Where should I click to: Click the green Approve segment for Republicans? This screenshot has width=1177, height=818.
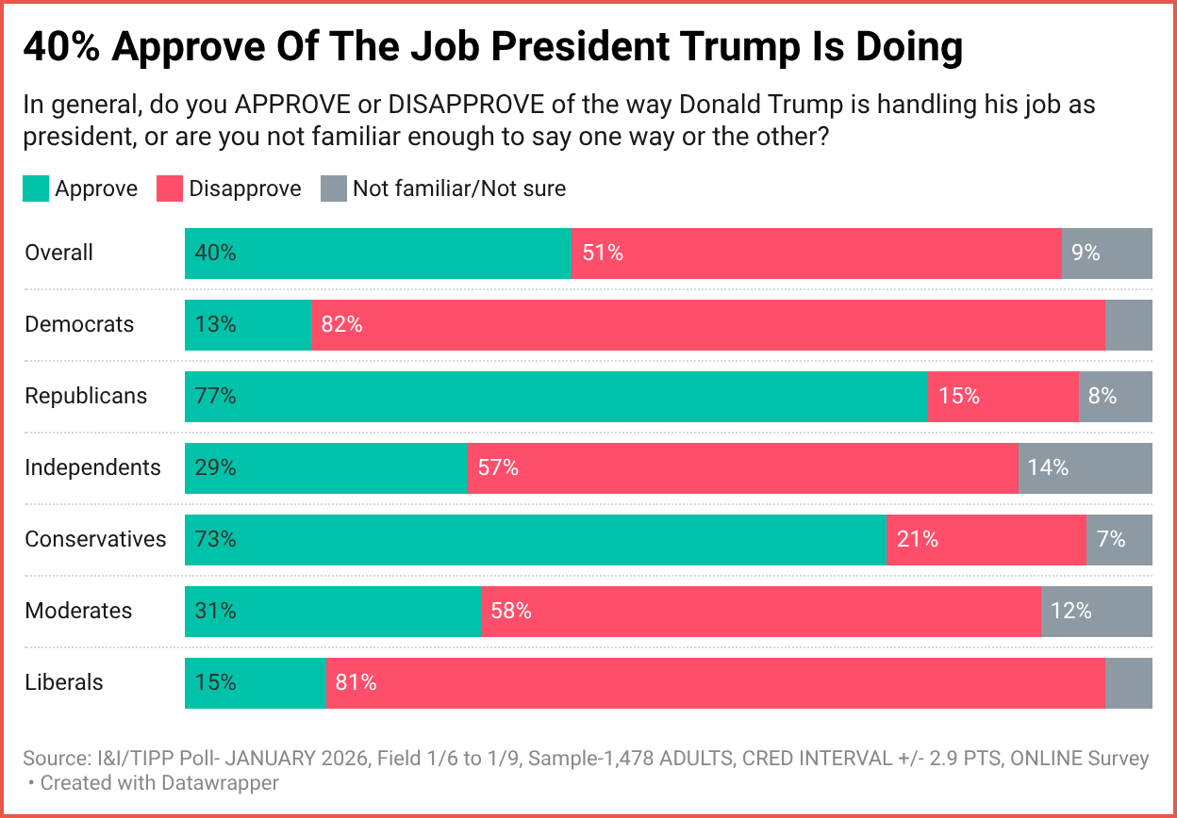click(x=555, y=397)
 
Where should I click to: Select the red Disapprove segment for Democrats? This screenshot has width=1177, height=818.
click(x=707, y=325)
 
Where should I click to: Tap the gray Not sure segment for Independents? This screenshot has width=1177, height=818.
click(x=1085, y=468)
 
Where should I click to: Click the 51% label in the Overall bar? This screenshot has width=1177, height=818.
click(x=603, y=254)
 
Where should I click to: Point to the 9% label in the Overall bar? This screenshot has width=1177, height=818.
click(x=1086, y=254)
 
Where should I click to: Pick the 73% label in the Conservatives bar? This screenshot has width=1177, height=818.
click(x=215, y=540)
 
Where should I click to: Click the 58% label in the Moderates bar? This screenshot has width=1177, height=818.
click(x=510, y=612)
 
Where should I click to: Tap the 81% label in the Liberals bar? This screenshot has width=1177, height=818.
click(x=356, y=683)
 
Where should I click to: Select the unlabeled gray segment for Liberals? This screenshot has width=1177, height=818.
click(x=1128, y=683)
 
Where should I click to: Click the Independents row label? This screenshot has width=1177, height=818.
click(x=92, y=468)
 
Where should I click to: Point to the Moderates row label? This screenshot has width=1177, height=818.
click(x=78, y=612)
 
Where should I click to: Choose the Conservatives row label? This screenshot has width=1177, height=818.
click(x=95, y=540)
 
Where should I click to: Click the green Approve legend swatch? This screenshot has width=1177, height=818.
click(x=36, y=189)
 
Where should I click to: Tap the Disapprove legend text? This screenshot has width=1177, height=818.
click(x=244, y=189)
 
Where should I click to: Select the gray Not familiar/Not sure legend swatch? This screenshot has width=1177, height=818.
click(x=334, y=189)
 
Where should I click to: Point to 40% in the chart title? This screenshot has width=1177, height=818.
click(x=60, y=47)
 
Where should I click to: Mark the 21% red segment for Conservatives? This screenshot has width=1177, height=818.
click(x=986, y=540)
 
